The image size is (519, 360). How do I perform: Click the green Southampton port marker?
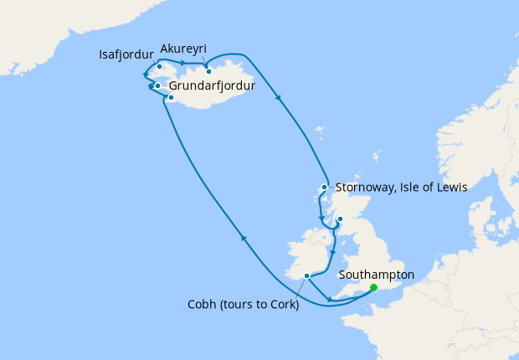(373, 288)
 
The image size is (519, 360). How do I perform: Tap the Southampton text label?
(376, 274)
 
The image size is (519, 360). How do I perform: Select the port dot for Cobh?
(307, 275)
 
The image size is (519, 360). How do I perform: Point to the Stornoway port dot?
(324, 188)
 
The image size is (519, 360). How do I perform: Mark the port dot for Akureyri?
(208, 71)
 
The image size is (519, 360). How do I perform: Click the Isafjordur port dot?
(159, 66)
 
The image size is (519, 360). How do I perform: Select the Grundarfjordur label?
(212, 85)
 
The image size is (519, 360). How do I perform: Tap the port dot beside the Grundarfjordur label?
(157, 85)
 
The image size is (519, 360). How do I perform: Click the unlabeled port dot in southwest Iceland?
(170, 98)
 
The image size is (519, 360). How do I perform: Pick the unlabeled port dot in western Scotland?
(340, 219)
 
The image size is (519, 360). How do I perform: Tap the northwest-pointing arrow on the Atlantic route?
(244, 239)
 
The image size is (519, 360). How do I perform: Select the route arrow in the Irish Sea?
(332, 252)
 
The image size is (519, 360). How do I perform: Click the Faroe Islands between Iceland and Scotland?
(319, 131)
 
